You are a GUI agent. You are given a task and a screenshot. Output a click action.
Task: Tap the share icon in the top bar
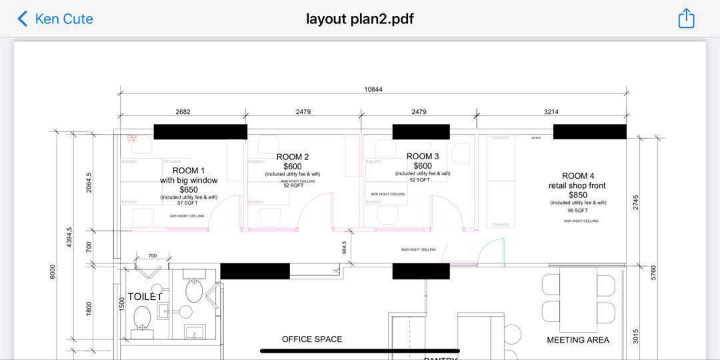[x=686, y=19]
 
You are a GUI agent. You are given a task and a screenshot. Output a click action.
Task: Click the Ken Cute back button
[x=55, y=19]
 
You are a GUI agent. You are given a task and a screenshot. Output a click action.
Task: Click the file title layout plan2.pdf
[x=360, y=19]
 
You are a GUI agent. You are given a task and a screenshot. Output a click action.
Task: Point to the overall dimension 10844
[x=373, y=89]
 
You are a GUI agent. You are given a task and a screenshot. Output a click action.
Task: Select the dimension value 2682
[x=183, y=112]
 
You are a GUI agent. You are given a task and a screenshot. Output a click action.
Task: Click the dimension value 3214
[x=551, y=112]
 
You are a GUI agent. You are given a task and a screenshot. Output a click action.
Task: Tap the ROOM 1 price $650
[x=189, y=189]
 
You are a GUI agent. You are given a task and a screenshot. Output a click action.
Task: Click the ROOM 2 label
[x=293, y=157]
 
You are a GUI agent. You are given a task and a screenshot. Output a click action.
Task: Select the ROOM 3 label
[x=423, y=157]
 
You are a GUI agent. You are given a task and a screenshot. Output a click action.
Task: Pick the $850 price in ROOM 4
[x=578, y=195]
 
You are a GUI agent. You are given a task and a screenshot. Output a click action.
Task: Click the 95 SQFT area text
[x=578, y=210]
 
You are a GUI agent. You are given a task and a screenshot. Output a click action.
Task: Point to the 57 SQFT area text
[x=189, y=203]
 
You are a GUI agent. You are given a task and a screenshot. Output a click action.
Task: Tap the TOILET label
[x=145, y=297]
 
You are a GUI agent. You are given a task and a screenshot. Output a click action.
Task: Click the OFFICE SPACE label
[x=312, y=339]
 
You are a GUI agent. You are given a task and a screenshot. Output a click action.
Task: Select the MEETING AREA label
[x=578, y=340]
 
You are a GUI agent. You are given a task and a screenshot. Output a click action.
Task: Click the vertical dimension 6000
[x=53, y=272]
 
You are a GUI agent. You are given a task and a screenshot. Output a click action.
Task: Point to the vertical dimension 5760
[x=653, y=272]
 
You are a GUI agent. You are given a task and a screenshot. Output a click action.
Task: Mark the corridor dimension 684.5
[x=345, y=247]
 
